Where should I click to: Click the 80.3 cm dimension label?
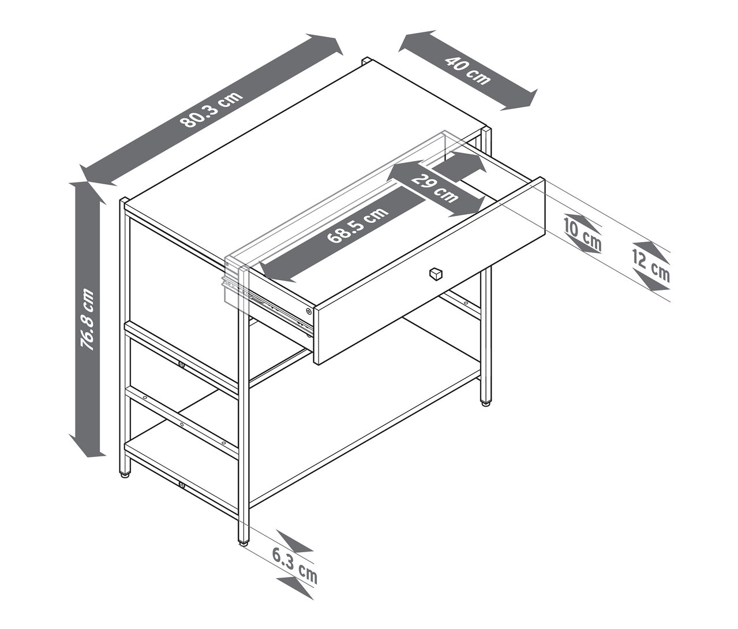211,109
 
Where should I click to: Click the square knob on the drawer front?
435,273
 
